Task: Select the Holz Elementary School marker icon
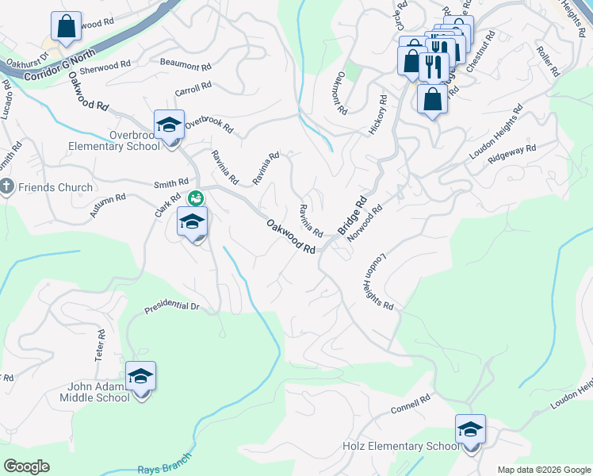coord(470,431)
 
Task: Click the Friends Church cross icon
coord(7,188)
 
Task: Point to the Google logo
coord(26,466)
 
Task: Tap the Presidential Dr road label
coord(171,305)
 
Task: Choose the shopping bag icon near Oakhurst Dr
coord(67,26)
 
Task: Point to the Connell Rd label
coord(410,405)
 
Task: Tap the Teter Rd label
coord(101,346)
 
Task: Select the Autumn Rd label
coord(108,206)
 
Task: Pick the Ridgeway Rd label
coord(512,153)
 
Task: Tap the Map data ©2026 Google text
coord(544,470)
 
